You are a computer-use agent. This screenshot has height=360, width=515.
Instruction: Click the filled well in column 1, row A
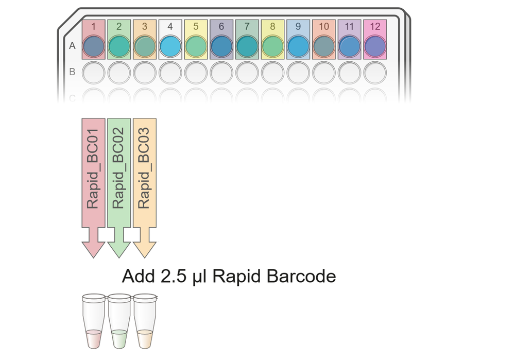(x=94, y=47)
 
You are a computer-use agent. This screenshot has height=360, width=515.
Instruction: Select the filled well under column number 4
(x=170, y=47)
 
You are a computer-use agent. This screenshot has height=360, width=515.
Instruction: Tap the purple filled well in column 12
(x=375, y=47)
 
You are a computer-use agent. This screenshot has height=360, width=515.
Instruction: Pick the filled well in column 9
(x=298, y=47)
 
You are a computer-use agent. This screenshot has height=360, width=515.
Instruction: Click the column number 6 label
(x=221, y=27)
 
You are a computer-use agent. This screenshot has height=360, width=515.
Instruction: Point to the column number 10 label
(x=324, y=27)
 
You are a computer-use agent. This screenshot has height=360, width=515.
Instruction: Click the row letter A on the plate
(x=72, y=46)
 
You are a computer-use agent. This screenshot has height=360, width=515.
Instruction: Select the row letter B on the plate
(x=72, y=72)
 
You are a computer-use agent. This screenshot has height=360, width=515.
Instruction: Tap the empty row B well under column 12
(x=375, y=73)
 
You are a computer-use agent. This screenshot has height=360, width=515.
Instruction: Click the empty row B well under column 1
(x=94, y=73)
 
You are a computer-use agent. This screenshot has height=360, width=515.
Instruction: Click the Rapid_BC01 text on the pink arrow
(x=93, y=168)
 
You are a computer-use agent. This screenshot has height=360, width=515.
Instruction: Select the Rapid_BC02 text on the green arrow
(x=118, y=168)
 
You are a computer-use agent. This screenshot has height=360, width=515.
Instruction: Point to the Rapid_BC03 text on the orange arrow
(x=144, y=168)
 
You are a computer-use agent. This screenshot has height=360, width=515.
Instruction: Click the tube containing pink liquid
(x=94, y=321)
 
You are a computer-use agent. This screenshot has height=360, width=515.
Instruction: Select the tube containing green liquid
(x=119, y=321)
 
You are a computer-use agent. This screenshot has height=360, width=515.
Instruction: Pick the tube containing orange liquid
(x=145, y=321)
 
